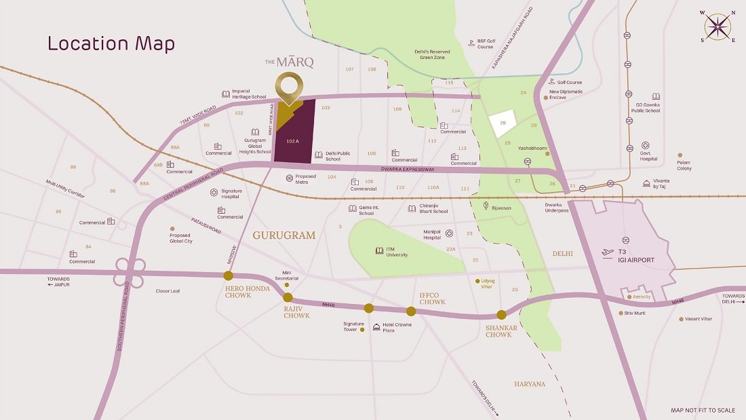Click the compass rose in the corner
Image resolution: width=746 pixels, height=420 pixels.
tap(718, 27)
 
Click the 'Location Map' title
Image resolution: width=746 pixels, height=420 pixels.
tap(111, 44)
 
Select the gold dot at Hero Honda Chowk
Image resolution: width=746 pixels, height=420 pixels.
tap(229, 275)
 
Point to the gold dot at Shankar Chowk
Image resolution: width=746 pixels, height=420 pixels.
tap(501, 314)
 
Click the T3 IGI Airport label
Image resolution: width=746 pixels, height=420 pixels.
tap(635, 256)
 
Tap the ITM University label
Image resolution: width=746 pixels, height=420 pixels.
tap(397, 252)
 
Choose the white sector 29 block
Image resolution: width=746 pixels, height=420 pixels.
tap(503, 123)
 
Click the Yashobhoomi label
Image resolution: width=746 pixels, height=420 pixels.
tap(532, 147)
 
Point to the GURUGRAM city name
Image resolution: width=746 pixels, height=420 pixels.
tap(284, 235)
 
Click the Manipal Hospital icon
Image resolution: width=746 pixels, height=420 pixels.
tap(449, 234)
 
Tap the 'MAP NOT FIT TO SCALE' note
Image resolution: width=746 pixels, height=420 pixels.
tap(703, 411)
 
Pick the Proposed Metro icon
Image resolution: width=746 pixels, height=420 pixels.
tap(290, 178)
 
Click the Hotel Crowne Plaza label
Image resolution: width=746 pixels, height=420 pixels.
tap(397, 327)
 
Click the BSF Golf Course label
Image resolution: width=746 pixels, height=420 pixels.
tap(485, 43)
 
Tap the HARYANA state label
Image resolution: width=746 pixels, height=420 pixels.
tap(530, 384)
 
